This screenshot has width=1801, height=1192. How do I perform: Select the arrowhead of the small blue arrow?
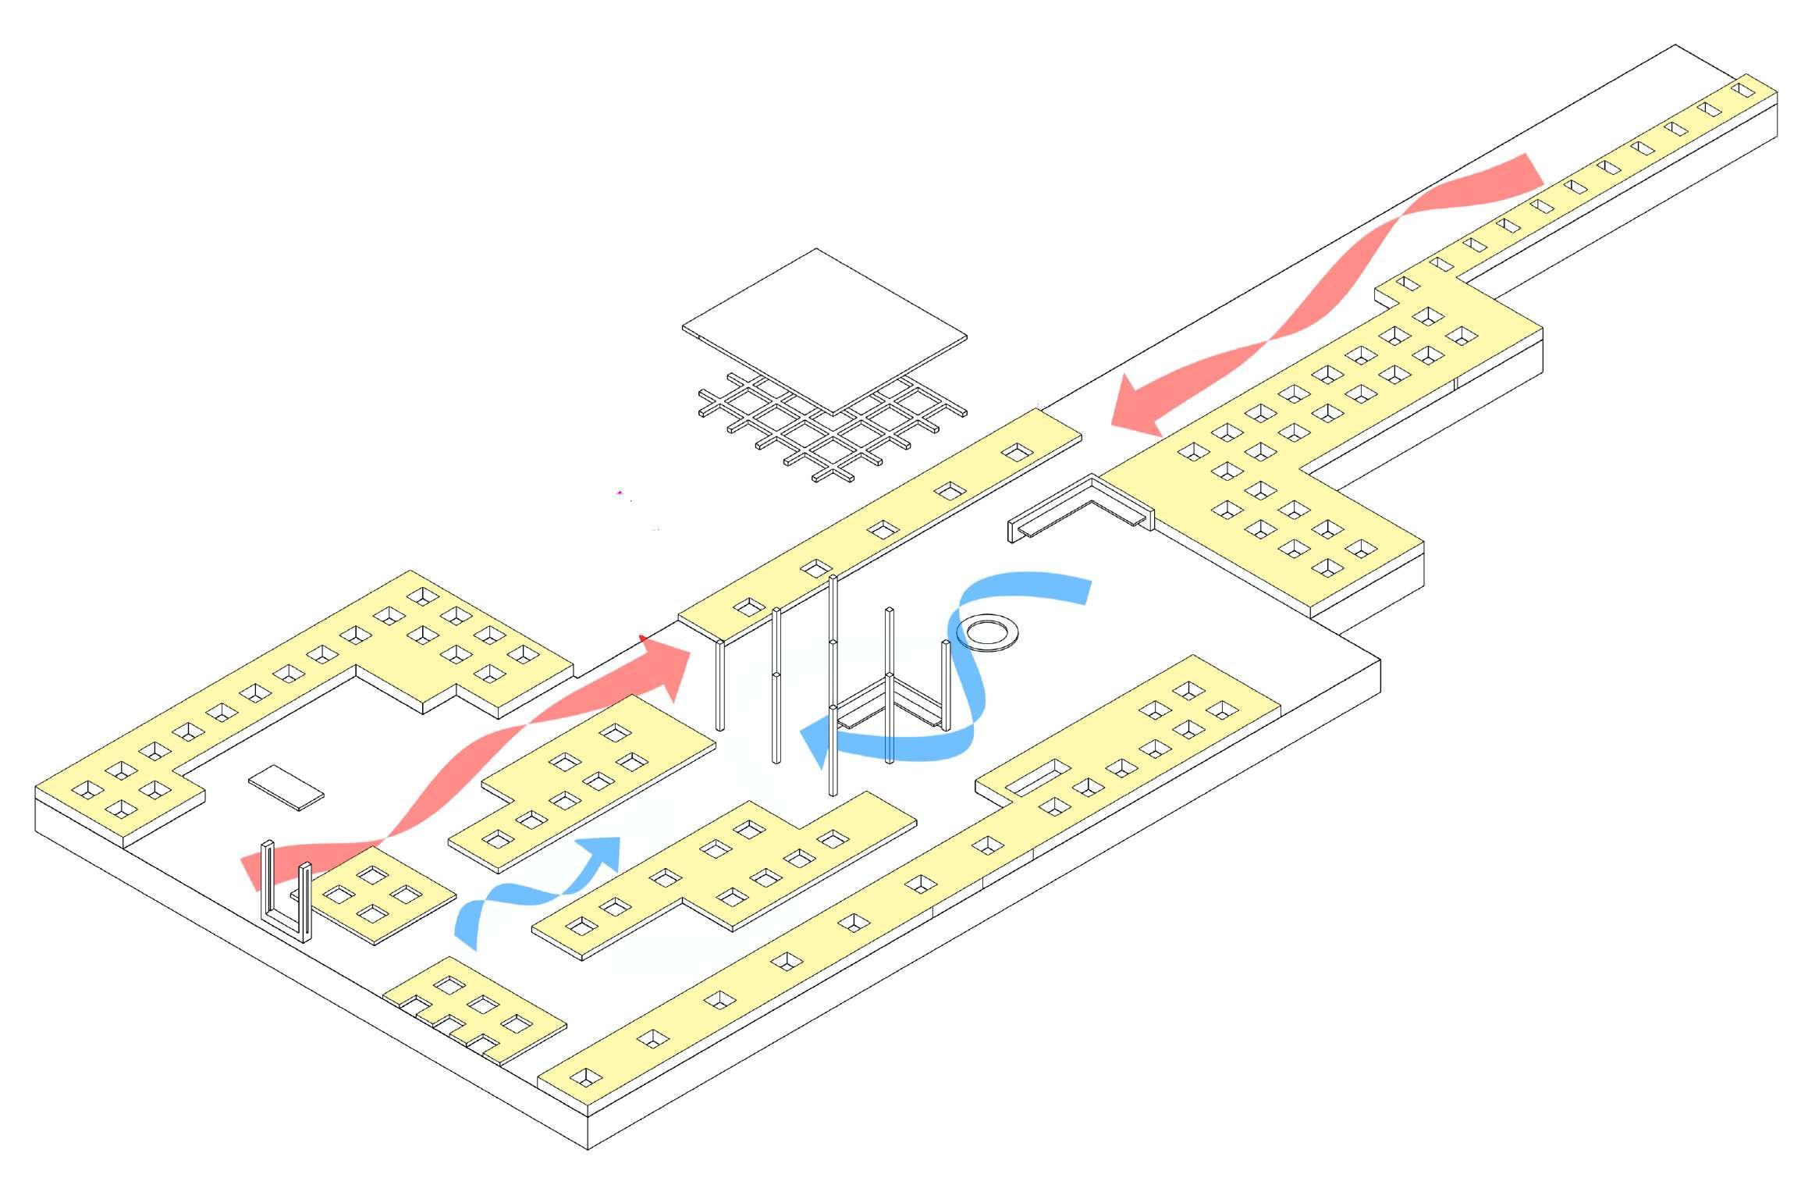pyautogui.click(x=604, y=852)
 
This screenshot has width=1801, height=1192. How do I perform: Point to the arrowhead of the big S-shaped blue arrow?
pyautogui.click(x=818, y=742)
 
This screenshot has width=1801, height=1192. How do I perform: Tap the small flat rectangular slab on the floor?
pyautogui.click(x=286, y=788)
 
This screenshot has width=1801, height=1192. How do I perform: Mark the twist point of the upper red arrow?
pyautogui.click(x=1269, y=340)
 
